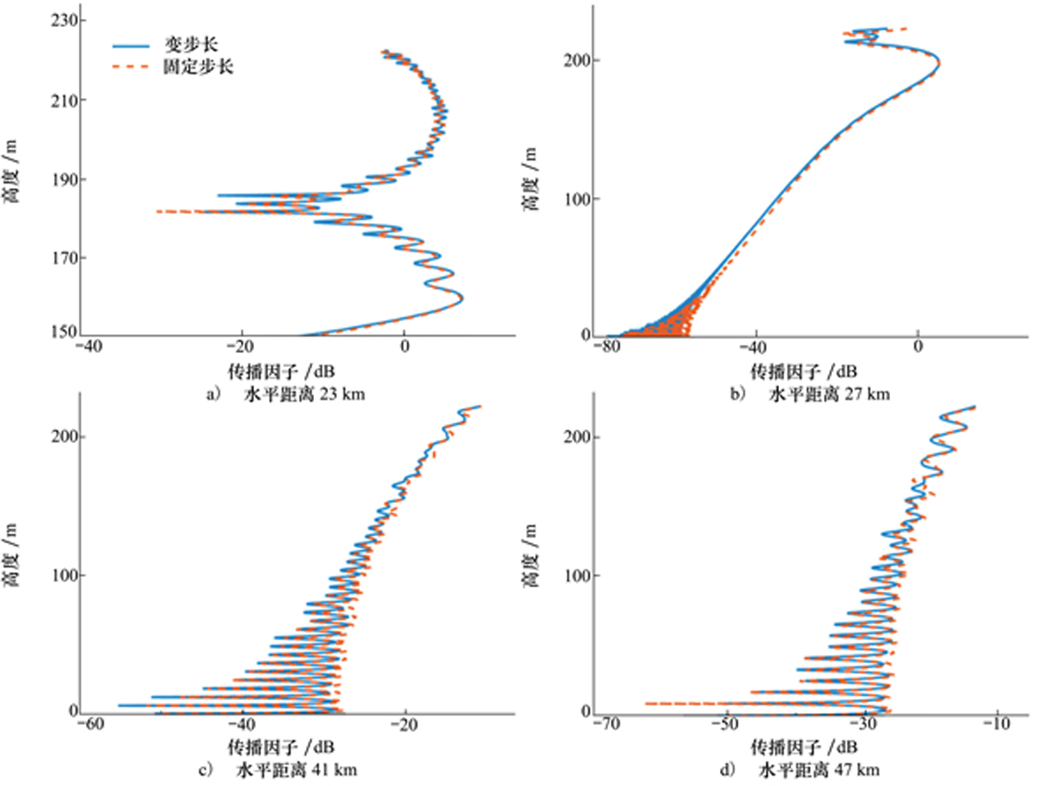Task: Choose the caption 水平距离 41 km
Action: [x=295, y=770]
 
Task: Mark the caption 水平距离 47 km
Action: [x=821, y=770]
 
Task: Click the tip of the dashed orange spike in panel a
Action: [x=158, y=212]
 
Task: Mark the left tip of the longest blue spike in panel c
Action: [x=119, y=705]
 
